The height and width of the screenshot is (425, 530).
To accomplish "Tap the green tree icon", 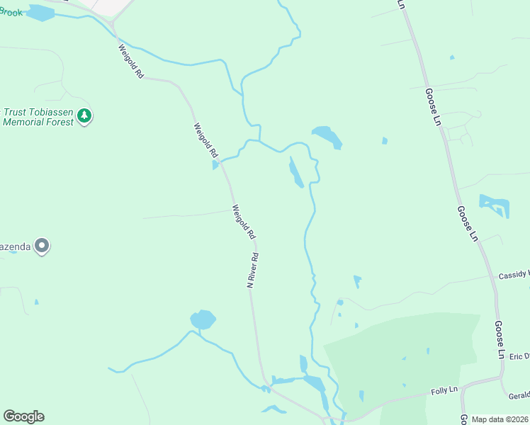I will click(84, 115).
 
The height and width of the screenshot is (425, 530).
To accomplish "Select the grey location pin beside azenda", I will click(42, 246).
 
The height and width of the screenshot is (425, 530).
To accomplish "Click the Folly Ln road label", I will click(446, 390).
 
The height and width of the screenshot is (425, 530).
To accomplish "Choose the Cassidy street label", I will click(514, 274).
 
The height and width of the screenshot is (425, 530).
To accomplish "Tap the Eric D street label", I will click(519, 356).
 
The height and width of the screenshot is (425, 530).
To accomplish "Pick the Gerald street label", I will click(519, 395).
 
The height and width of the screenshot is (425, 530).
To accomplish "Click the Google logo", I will click(23, 416).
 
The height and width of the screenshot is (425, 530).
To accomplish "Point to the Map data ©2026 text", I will click(500, 419).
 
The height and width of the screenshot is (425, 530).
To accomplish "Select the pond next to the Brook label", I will click(40, 13).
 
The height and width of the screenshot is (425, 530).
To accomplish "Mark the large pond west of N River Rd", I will click(203, 319).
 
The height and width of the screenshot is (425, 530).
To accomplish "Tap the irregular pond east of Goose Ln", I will click(495, 205).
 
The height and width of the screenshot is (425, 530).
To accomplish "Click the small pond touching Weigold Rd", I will click(215, 165).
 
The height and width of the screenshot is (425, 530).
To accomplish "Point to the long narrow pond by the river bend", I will click(296, 174).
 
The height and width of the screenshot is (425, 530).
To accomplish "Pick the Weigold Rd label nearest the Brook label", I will click(131, 62).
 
